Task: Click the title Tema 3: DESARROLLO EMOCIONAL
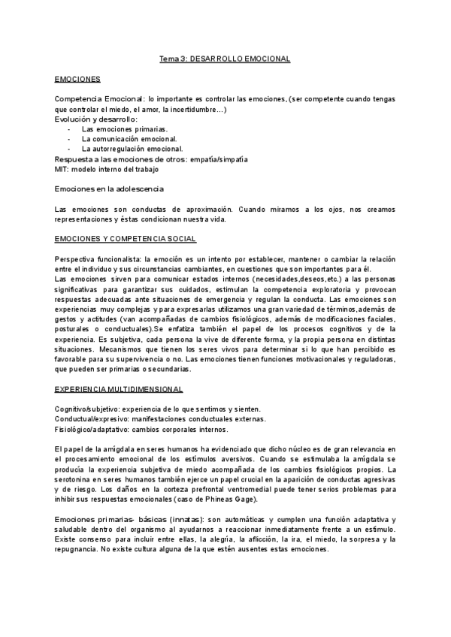pos(225,58)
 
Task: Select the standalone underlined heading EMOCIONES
pos(78,79)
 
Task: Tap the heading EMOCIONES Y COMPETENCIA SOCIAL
pos(126,239)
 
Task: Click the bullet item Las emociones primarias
pos(115,129)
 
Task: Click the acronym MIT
pos(62,169)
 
